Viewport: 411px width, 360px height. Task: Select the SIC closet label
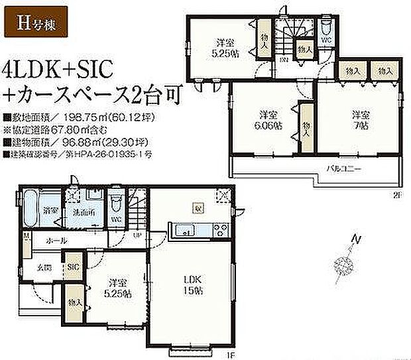click(72, 267)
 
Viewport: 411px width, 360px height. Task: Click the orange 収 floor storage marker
click(198, 207)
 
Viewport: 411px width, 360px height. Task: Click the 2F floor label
click(397, 195)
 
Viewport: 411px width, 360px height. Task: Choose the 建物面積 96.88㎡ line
click(57, 143)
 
